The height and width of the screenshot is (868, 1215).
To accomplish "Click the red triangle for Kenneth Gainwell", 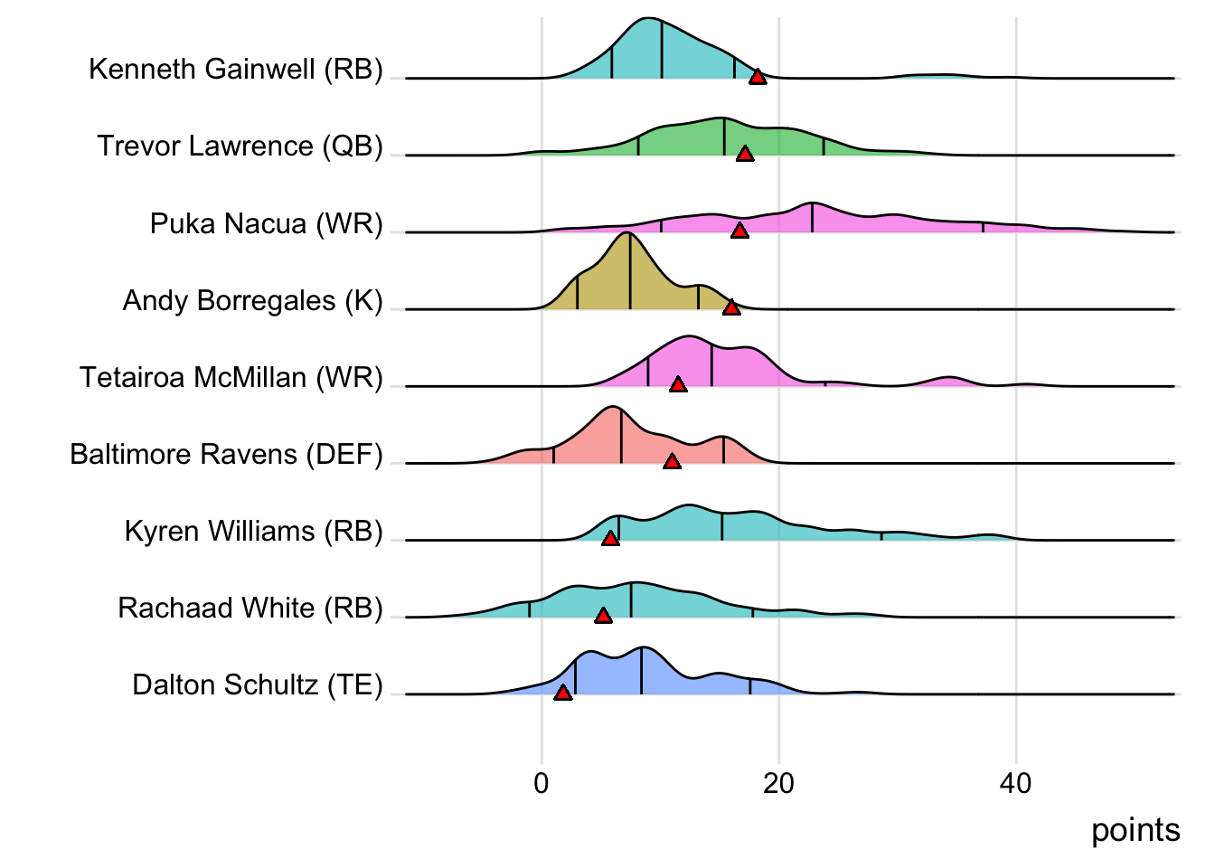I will pyautogui.click(x=758, y=77).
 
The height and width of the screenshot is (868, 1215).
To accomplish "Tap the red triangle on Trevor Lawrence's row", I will pyautogui.click(x=745, y=154).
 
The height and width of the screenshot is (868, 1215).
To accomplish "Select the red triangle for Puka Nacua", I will pyautogui.click(x=739, y=231).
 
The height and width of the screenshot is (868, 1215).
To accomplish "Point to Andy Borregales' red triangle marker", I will pyautogui.click(x=731, y=307).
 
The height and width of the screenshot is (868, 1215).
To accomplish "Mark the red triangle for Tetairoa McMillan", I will pyautogui.click(x=678, y=384).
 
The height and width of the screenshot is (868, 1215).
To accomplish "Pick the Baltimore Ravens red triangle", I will pyautogui.click(x=672, y=461).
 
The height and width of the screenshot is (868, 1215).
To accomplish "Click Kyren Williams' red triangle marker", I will pyautogui.click(x=610, y=538).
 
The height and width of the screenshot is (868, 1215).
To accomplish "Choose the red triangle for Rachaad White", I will pyautogui.click(x=603, y=616).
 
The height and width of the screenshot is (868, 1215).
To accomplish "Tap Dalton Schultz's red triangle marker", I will pyautogui.click(x=562, y=693).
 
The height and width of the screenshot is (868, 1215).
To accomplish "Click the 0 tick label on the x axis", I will pyautogui.click(x=542, y=783).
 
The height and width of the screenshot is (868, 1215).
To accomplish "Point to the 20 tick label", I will pyautogui.click(x=778, y=783).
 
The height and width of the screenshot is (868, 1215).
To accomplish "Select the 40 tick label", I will pyautogui.click(x=1015, y=783).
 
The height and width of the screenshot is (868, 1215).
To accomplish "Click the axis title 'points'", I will pyautogui.click(x=1135, y=830).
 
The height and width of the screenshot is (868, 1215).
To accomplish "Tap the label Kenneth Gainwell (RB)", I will pyautogui.click(x=236, y=70).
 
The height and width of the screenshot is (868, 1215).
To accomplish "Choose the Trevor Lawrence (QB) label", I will pyautogui.click(x=240, y=146).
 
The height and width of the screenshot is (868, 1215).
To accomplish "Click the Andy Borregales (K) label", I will pyautogui.click(x=253, y=300).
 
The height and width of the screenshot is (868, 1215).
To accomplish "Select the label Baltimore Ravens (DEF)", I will pyautogui.click(x=227, y=454).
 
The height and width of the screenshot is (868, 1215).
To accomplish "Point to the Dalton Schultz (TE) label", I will pyautogui.click(x=258, y=685).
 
